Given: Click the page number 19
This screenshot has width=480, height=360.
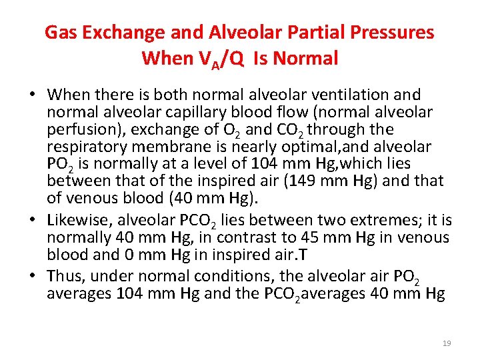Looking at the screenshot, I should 447,343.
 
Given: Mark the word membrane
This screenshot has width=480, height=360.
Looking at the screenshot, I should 175,147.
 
